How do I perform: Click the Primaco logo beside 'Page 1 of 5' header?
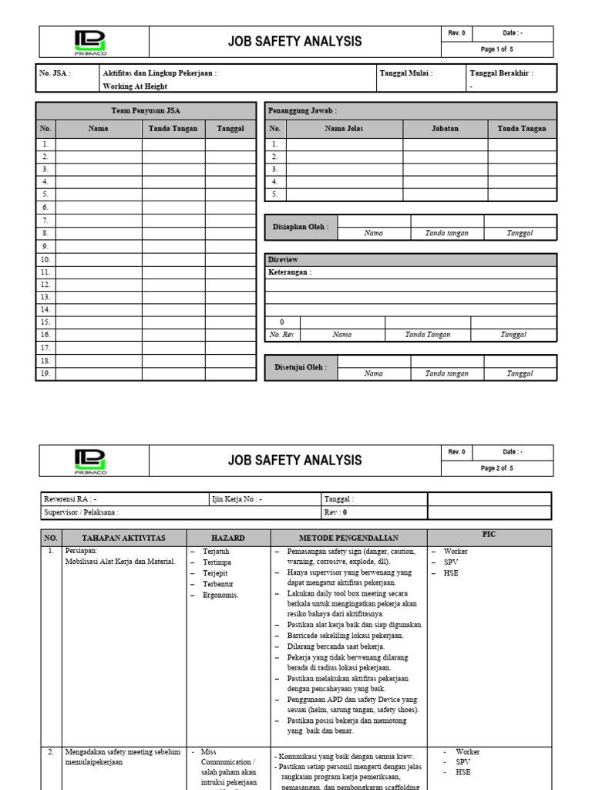tap(92, 42)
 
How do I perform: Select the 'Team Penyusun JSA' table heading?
tap(146, 111)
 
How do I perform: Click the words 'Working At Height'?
tap(136, 87)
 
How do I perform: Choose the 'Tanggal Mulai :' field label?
tap(406, 73)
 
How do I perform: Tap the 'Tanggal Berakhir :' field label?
tap(501, 73)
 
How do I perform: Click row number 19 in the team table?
tap(45, 373)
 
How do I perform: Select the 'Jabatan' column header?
tap(445, 129)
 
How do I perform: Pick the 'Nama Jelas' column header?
tap(344, 129)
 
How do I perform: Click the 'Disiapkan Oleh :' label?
tap(301, 227)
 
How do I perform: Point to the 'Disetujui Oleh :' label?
tap(301, 367)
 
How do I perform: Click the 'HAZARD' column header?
tap(227, 538)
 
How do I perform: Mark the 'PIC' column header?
tap(489, 534)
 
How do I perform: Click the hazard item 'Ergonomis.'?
tap(220, 595)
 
